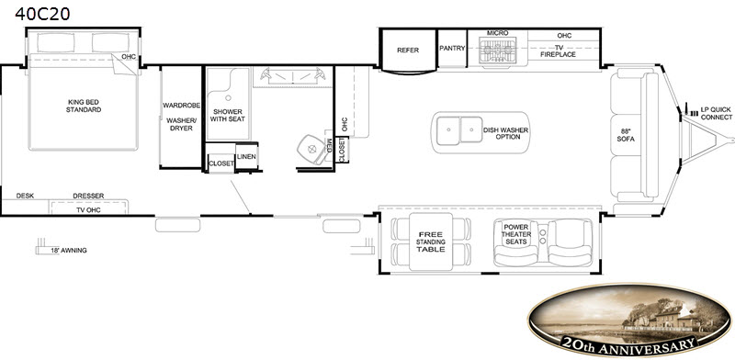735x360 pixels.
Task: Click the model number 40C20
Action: pyautogui.click(x=42, y=14)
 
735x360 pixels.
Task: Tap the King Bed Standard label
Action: pyautogui.click(x=84, y=106)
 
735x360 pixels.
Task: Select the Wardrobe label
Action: pyautogui.click(x=181, y=105)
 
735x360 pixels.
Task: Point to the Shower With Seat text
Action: pyautogui.click(x=227, y=116)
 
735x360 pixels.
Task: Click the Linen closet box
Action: pyautogui.click(x=246, y=156)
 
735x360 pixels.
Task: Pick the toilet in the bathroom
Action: pyautogui.click(x=311, y=149)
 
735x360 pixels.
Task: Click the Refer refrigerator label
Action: pyautogui.click(x=408, y=51)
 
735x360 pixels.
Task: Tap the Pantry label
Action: pyautogui.click(x=452, y=48)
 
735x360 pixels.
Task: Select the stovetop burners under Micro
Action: pyautogui.click(x=497, y=50)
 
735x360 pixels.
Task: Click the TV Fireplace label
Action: pyautogui.click(x=558, y=51)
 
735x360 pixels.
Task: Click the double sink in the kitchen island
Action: pyautogui.click(x=459, y=129)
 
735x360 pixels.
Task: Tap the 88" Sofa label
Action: pyautogui.click(x=626, y=135)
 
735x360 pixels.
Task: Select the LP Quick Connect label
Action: pyautogui.click(x=717, y=113)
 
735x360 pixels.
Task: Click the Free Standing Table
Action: pyautogui.click(x=431, y=242)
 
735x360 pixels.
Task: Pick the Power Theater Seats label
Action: pyautogui.click(x=516, y=234)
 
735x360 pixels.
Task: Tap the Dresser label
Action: pyautogui.click(x=88, y=196)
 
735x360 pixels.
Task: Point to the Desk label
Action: pyautogui.click(x=25, y=196)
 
